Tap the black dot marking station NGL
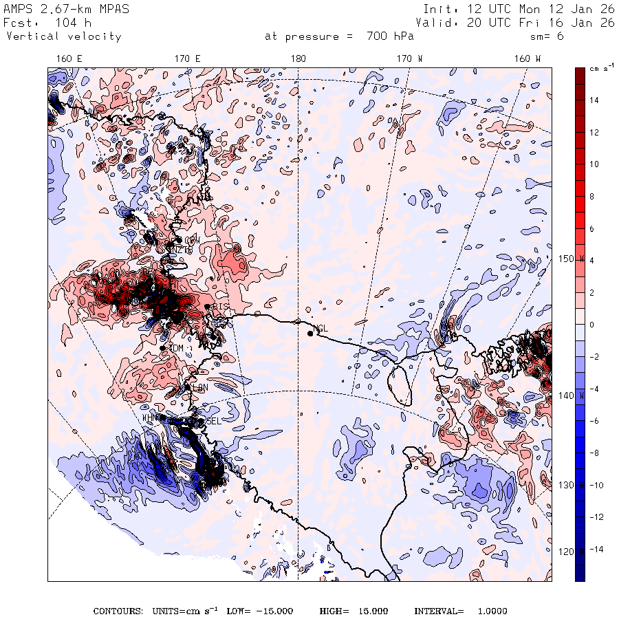click(310, 334)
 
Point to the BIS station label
click(220, 306)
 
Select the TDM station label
click(177, 349)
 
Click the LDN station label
click(200, 388)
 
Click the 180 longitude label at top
click(298, 59)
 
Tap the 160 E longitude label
click(69, 59)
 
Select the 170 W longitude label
click(411, 59)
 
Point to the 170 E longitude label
click(187, 59)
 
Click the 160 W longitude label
click(528, 59)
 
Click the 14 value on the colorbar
click(594, 100)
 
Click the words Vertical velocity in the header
click(63, 36)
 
